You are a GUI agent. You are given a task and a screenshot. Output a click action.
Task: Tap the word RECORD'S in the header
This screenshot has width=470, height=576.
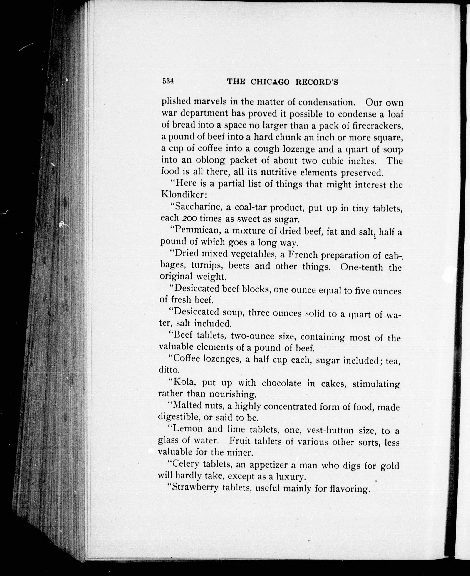click(317, 82)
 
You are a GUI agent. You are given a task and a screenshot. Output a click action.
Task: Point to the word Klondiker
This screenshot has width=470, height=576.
click(183, 195)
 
